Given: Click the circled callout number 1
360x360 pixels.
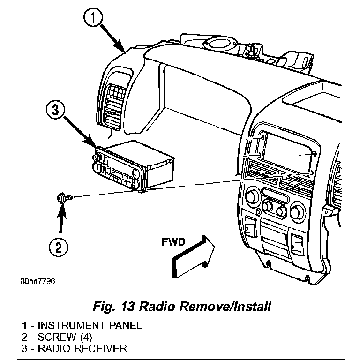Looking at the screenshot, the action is (93, 18).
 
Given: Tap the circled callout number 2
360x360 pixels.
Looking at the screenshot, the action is (59, 247).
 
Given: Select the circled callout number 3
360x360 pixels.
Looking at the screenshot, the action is (56, 110).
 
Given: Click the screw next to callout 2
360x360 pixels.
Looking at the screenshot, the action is (65, 197).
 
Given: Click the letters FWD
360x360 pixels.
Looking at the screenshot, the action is (173, 242).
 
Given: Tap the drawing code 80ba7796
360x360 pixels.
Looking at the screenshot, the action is (37, 281).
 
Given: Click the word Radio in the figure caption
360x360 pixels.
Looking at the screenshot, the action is (157, 306).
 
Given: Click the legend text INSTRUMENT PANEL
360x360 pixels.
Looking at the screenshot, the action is (90, 326).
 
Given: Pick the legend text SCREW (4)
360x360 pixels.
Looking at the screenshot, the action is (65, 337).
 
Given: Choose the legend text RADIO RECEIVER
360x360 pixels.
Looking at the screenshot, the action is (82, 348).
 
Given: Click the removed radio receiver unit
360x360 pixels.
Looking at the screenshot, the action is (133, 165).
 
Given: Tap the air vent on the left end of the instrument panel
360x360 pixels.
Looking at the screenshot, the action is (114, 107).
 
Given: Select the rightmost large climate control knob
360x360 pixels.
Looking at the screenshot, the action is (298, 210).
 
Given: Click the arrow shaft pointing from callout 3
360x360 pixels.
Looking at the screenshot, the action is (79, 131).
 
